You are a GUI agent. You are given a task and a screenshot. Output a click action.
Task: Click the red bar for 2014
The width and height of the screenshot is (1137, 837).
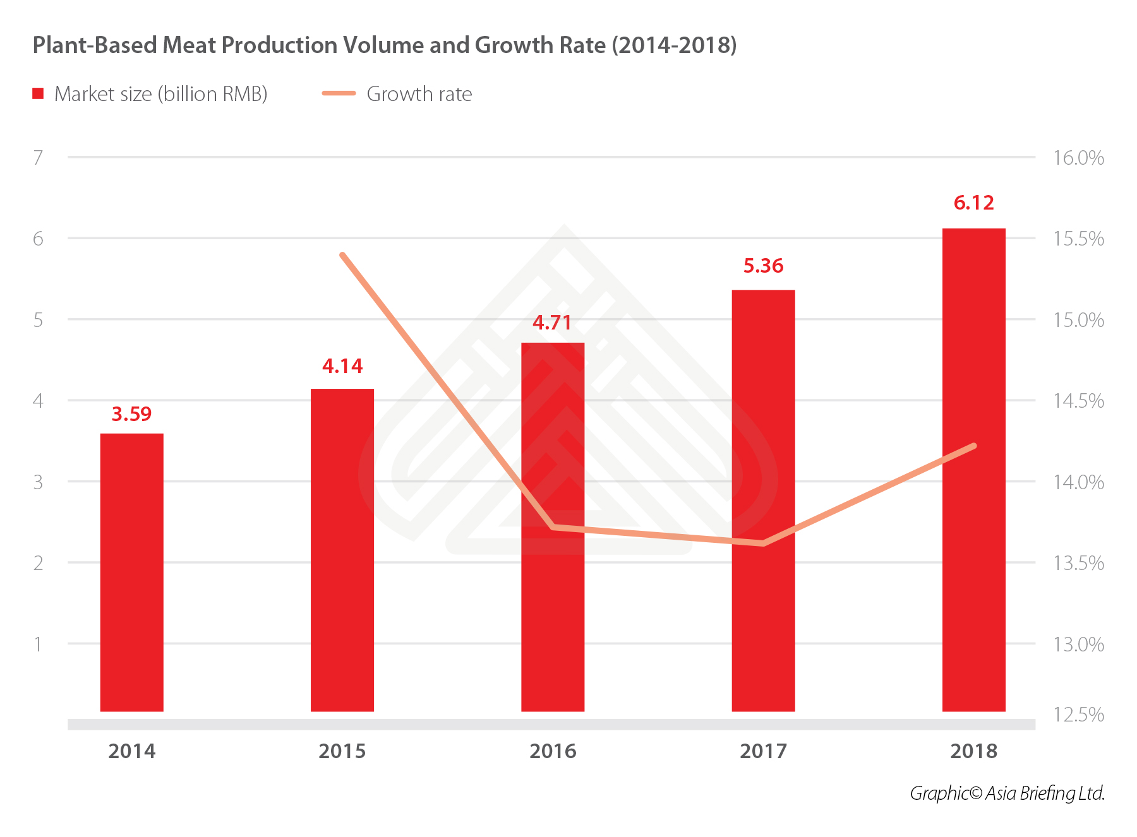coord(131,572)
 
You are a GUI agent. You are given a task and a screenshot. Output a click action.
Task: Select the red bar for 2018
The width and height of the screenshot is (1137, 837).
coord(973,470)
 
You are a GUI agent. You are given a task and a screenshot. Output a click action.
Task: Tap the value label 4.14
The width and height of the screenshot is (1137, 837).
coord(342,366)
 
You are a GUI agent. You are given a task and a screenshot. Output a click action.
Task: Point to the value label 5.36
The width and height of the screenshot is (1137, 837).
coord(763,266)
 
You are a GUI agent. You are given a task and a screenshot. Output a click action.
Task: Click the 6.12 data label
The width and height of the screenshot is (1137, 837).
coord(973,203)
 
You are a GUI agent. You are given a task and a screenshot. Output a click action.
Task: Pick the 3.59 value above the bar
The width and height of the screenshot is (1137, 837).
coord(131,414)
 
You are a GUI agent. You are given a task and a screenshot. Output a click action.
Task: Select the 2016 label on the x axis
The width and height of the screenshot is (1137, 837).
coord(553,751)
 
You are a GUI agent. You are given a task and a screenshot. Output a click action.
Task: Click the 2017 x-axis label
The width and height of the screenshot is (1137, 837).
coord(763,751)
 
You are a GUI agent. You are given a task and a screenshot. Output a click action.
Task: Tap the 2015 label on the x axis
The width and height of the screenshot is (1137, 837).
coord(342,751)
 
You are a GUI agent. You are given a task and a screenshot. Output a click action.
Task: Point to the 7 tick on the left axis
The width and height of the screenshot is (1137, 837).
coord(39,157)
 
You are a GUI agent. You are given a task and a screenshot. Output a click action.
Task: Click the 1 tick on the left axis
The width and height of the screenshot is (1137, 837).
coord(39,644)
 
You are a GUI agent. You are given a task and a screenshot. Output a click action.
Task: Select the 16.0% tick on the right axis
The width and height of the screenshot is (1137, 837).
coord(1078,158)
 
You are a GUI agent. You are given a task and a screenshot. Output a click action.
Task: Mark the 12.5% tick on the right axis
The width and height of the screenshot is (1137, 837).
coord(1078,715)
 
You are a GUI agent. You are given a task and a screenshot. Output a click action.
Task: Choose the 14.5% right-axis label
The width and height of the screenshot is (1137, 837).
coord(1078,401)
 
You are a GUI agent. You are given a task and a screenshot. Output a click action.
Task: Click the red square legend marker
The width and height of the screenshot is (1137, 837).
coord(38,93)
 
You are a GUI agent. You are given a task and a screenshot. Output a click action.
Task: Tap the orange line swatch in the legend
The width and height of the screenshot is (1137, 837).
coord(339,93)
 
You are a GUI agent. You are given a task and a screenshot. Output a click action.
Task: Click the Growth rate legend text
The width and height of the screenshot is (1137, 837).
coord(419,94)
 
